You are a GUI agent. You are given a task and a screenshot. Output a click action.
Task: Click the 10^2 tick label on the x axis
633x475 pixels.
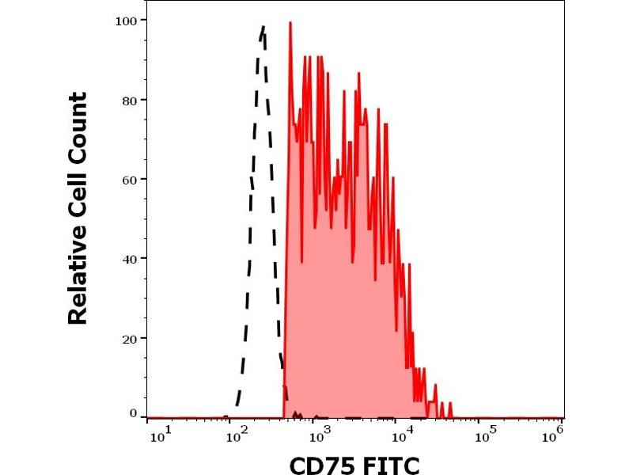click(234, 431)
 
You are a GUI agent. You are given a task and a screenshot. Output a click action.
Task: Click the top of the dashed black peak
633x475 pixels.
click(263, 28)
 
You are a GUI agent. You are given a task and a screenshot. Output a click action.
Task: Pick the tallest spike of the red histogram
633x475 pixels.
click(290, 23)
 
